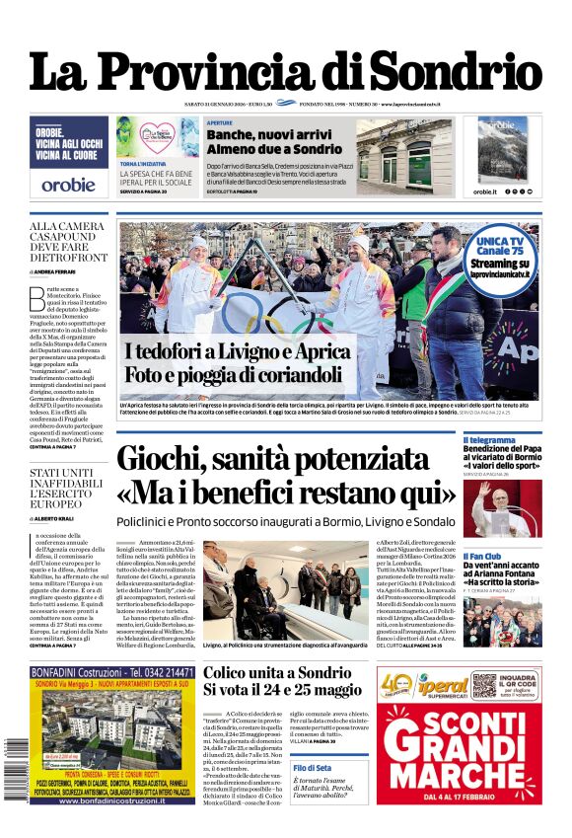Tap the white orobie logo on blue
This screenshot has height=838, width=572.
(x=68, y=185)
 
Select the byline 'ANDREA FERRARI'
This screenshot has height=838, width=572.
(x=60, y=270)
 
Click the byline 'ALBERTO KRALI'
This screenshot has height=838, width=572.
(x=59, y=517)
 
